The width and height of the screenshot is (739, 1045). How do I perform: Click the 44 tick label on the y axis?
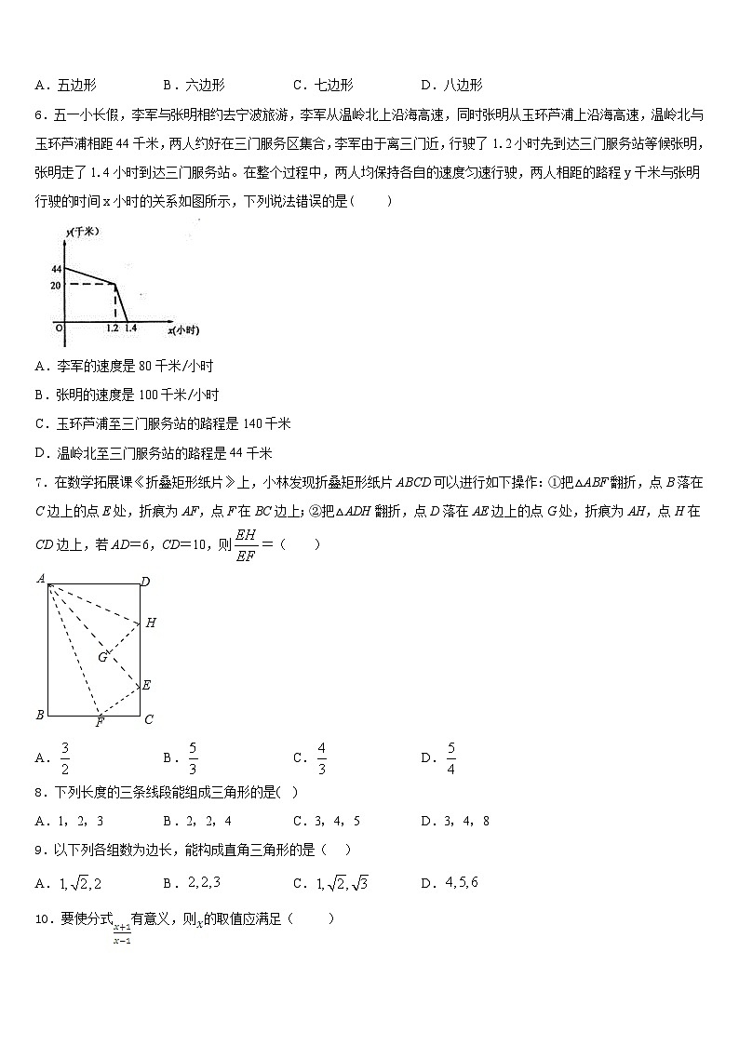point(56,269)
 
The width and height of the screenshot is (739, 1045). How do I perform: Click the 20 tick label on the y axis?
point(56,286)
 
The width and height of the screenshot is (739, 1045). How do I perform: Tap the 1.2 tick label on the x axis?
point(112,329)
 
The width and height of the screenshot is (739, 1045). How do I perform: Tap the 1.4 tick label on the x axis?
point(130,329)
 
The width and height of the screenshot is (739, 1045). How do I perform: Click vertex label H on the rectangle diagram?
point(151,623)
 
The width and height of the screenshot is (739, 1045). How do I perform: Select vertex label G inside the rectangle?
point(102,657)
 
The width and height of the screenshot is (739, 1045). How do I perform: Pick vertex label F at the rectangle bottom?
point(101,722)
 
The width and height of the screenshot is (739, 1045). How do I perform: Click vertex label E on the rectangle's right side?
point(146,685)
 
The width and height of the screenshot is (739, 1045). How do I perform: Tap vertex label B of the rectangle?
point(40,715)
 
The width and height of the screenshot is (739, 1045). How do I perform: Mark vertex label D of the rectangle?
point(145,583)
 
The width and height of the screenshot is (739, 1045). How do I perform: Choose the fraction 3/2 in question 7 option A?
point(65,757)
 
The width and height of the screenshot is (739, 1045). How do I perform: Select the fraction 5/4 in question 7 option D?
point(451,757)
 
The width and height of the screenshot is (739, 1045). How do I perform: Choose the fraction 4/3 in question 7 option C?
point(322,757)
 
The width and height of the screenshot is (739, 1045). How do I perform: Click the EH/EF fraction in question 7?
point(246,545)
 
